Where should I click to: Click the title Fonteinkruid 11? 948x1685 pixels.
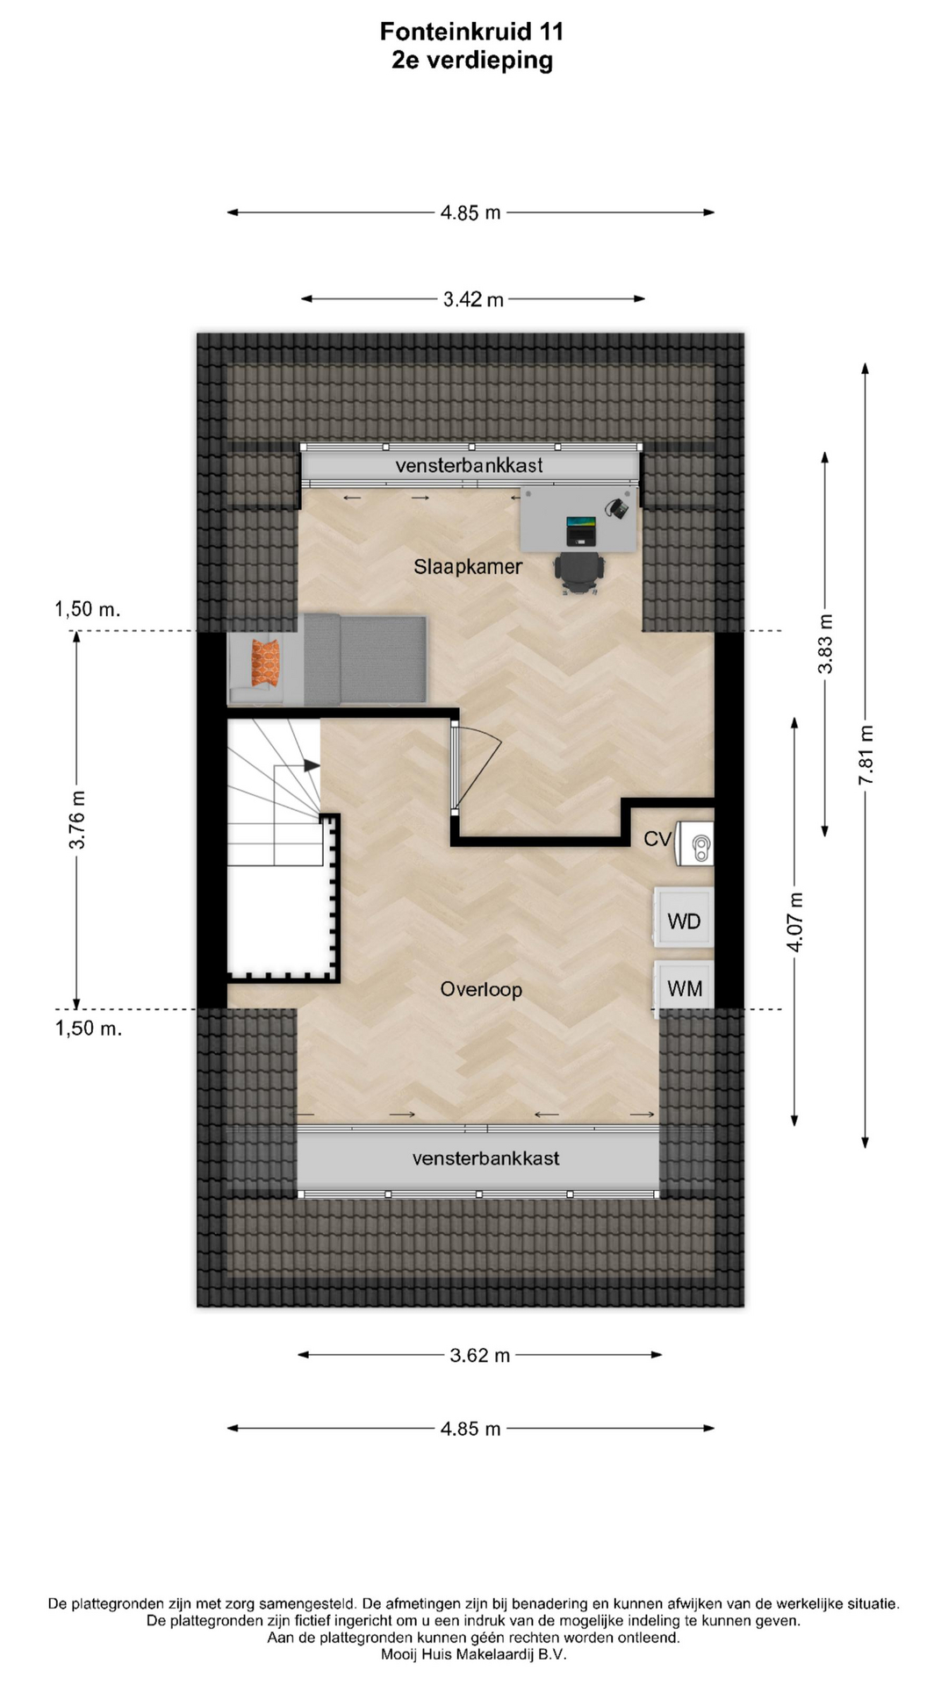[x=471, y=32]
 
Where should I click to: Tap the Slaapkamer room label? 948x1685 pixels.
[x=468, y=567]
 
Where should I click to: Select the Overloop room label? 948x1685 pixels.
[x=481, y=989]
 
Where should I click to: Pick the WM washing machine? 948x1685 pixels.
[x=684, y=987]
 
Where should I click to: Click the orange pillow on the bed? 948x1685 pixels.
[x=265, y=663]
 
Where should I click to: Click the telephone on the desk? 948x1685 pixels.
[x=618, y=506]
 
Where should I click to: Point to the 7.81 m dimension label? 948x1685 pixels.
[x=866, y=756]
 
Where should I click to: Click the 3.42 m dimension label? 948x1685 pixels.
[x=473, y=299]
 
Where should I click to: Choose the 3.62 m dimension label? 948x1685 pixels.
[x=479, y=1355]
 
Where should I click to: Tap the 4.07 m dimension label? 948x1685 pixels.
[x=795, y=921]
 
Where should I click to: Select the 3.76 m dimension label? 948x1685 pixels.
[x=77, y=820]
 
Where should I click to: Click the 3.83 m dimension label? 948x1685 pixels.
[x=825, y=644]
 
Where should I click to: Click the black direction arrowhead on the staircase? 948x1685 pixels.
[x=312, y=765]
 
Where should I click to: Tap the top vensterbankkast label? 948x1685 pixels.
[x=469, y=465]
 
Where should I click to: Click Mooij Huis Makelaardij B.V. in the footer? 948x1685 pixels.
[x=474, y=1654]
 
